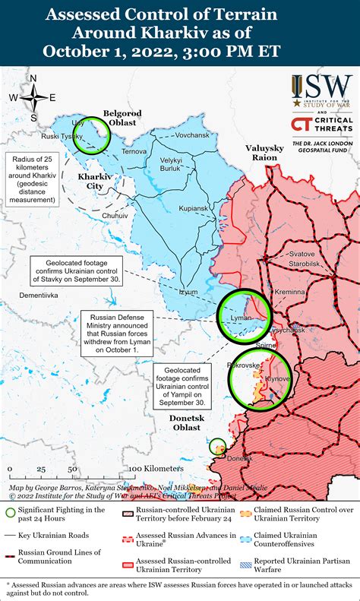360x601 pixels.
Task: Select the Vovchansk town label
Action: [x=191, y=134]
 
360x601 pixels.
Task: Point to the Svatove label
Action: [x=302, y=253]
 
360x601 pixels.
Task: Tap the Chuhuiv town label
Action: [x=115, y=216]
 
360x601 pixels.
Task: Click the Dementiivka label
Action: [x=38, y=294]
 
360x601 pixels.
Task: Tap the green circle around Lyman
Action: [x=243, y=315]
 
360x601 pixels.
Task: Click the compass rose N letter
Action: [x=33, y=77]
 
